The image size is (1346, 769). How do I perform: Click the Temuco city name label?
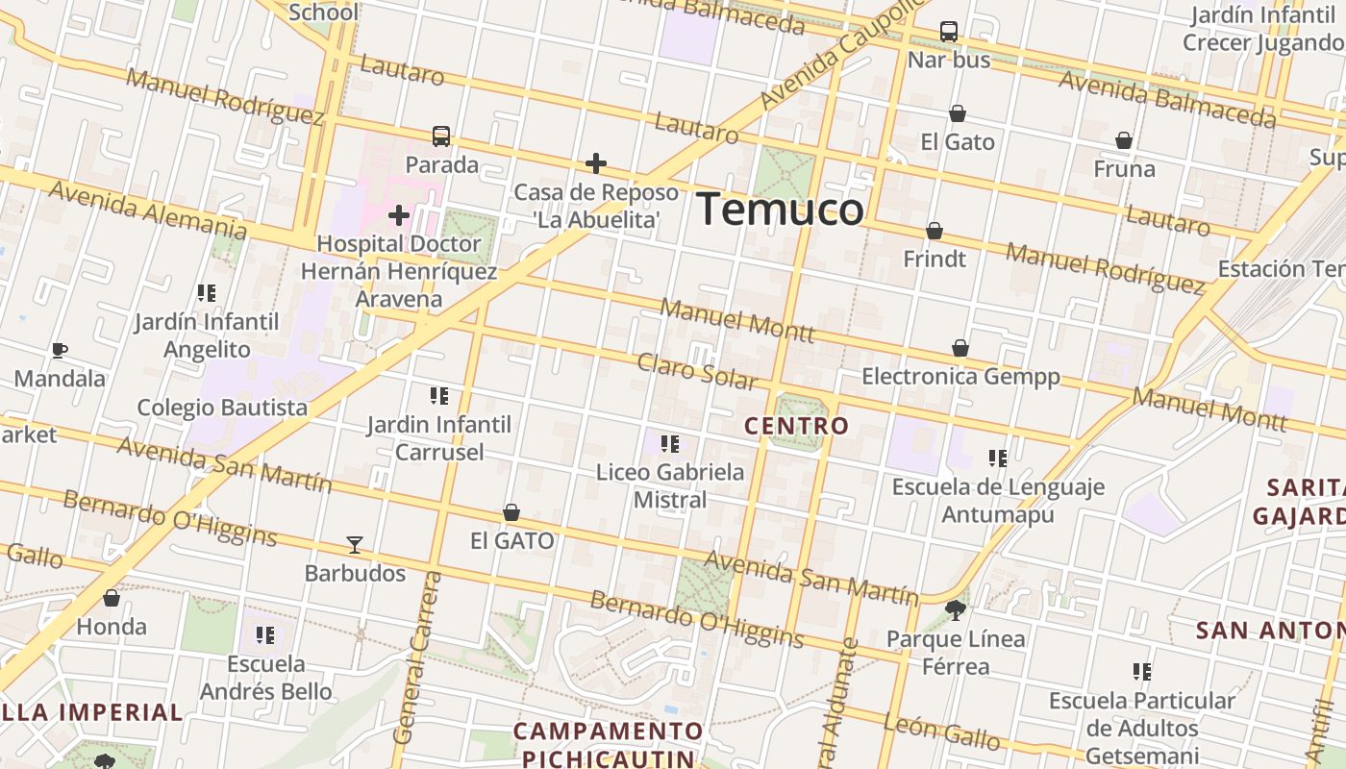(780, 209)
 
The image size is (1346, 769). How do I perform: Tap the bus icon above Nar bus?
(949, 32)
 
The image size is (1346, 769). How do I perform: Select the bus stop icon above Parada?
(441, 136)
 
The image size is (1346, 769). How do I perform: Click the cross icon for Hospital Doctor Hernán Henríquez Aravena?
(399, 215)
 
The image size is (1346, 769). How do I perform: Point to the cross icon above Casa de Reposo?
(596, 163)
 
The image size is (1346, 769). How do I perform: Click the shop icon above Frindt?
(935, 231)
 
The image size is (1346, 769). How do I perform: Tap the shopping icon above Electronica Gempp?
(960, 348)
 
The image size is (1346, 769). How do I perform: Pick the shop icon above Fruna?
(1124, 141)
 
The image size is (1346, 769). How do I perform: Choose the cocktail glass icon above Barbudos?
(355, 545)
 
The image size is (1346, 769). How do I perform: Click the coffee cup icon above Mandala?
(60, 350)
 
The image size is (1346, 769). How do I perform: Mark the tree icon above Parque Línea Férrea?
(956, 609)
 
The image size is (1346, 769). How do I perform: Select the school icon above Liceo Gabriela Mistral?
(670, 444)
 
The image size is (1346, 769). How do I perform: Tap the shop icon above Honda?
(112, 599)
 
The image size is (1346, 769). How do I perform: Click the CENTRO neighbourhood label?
(797, 425)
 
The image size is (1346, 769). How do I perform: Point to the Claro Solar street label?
(696, 371)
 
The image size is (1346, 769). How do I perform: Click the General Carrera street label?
(417, 658)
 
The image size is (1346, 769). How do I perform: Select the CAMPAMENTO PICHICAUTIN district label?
(608, 744)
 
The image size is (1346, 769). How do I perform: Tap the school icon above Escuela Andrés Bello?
(265, 635)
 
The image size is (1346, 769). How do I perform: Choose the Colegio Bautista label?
(222, 407)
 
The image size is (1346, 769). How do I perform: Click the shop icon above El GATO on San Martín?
(511, 513)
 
